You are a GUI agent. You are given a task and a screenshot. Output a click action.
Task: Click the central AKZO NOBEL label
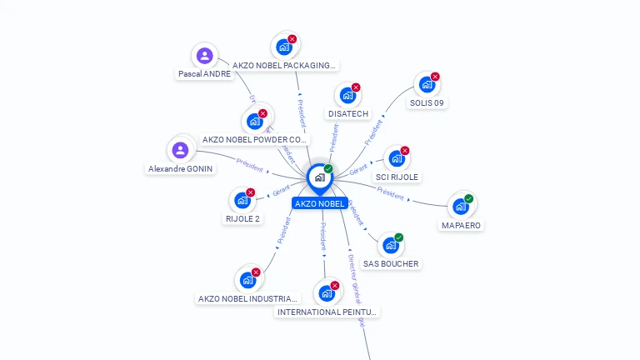[319, 203]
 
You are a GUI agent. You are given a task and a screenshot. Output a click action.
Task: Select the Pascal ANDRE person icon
[204, 57]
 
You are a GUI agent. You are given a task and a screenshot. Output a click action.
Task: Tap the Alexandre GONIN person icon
[180, 151]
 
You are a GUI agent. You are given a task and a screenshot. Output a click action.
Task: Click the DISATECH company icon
[347, 97]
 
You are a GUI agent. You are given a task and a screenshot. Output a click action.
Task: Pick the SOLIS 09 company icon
[427, 85]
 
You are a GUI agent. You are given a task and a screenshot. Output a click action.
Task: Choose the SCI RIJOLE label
[397, 177]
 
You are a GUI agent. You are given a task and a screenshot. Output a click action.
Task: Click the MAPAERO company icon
[460, 207]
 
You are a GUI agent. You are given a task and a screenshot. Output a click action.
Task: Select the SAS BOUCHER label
[391, 263]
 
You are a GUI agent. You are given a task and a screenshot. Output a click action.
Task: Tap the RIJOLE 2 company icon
[242, 201]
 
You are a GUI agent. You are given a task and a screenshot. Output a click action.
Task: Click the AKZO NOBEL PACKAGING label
[284, 65]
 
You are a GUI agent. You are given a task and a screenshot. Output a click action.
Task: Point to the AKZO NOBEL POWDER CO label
[255, 140]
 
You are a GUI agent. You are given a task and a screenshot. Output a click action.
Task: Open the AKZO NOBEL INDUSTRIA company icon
[247, 281]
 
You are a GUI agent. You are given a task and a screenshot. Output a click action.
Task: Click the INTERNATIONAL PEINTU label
[327, 312]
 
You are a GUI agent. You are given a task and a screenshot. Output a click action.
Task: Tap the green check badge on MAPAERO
[469, 198]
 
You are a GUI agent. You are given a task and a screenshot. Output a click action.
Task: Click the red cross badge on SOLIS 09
[435, 77]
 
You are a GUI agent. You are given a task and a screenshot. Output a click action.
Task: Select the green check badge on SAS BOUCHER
[399, 237]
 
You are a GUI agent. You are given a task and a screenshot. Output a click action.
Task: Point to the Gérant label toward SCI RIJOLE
[358, 169]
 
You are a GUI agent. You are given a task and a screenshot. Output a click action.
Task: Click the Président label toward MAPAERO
[390, 193]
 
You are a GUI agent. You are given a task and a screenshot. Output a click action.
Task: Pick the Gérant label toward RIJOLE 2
[282, 193]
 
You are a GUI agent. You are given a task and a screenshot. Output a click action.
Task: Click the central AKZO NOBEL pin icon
[319, 177]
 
